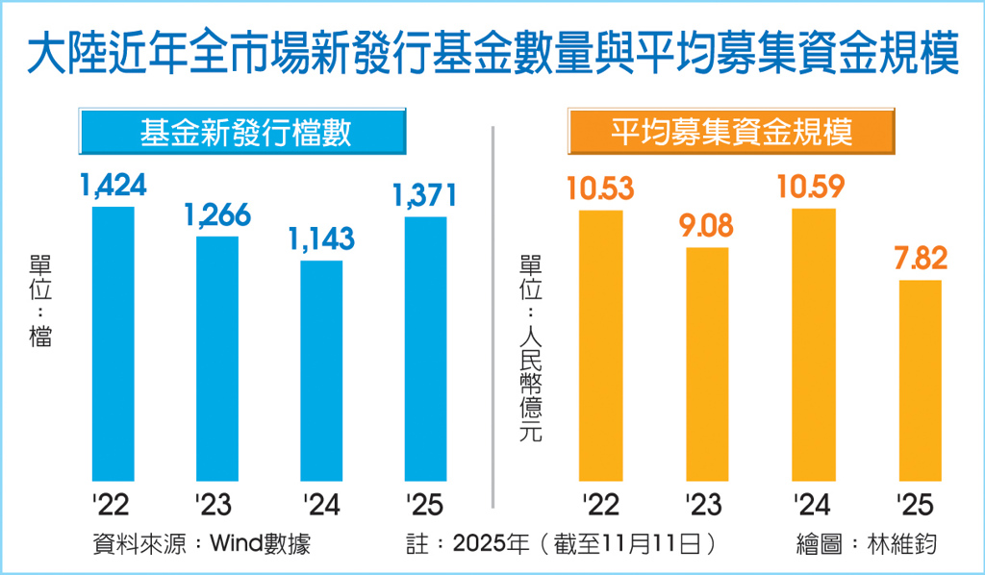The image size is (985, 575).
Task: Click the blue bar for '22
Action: coord(114,343)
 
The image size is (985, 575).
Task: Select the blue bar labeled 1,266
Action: coord(217,358)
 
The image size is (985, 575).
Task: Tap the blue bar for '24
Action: coord(321,370)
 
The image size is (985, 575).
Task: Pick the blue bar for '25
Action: coord(425,348)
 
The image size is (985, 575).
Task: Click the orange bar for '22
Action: coord(600,344)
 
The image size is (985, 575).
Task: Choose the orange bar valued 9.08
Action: coord(707,363)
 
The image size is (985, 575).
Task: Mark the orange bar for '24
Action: coord(814,343)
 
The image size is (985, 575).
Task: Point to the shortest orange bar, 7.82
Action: coord(920,380)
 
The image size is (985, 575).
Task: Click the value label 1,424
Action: coord(114,185)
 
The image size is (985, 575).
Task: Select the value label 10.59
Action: coord(814,187)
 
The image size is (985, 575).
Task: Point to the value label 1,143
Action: coord(322,237)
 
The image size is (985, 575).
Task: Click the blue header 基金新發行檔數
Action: coord(244,133)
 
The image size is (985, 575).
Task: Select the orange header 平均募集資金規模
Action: coord(732,133)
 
